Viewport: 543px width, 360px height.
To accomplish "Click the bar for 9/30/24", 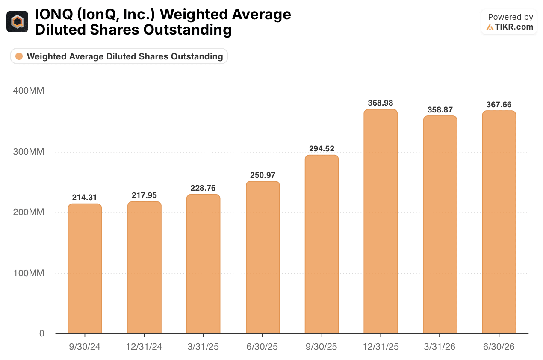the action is pyautogui.click(x=85, y=269).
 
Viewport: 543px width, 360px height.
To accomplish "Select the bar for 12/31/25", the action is pyautogui.click(x=381, y=221).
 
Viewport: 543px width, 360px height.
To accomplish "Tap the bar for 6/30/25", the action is pyautogui.click(x=263, y=257).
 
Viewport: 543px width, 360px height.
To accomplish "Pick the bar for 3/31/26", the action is pyautogui.click(x=440, y=225).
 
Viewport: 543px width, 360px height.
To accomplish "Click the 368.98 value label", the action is pyautogui.click(x=381, y=103).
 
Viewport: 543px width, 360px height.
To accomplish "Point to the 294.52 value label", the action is pyautogui.click(x=322, y=148).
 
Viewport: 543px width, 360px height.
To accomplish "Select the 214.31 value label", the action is pyautogui.click(x=84, y=198).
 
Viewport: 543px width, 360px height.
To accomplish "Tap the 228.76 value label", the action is pyautogui.click(x=203, y=188).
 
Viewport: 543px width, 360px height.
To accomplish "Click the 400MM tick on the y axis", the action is pyautogui.click(x=29, y=91).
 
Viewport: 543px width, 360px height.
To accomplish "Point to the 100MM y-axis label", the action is pyautogui.click(x=29, y=273).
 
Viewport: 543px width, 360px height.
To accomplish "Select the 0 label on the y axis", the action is pyautogui.click(x=42, y=333).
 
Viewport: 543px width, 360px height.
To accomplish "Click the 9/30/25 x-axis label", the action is pyautogui.click(x=321, y=347).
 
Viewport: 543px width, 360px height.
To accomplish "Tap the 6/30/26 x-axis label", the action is pyautogui.click(x=499, y=347).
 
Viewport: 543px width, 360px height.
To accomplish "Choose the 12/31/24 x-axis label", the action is pyautogui.click(x=144, y=347).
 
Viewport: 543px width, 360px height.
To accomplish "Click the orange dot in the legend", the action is pyautogui.click(x=19, y=56).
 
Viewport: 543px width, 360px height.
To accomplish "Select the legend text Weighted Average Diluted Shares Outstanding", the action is pyautogui.click(x=125, y=56).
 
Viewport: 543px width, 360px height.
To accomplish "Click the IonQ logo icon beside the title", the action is pyautogui.click(x=17, y=21).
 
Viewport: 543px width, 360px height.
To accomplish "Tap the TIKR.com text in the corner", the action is pyautogui.click(x=514, y=27).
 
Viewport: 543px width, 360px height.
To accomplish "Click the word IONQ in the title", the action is pyautogui.click(x=54, y=14).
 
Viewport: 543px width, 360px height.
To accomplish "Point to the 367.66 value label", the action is pyautogui.click(x=499, y=104).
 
